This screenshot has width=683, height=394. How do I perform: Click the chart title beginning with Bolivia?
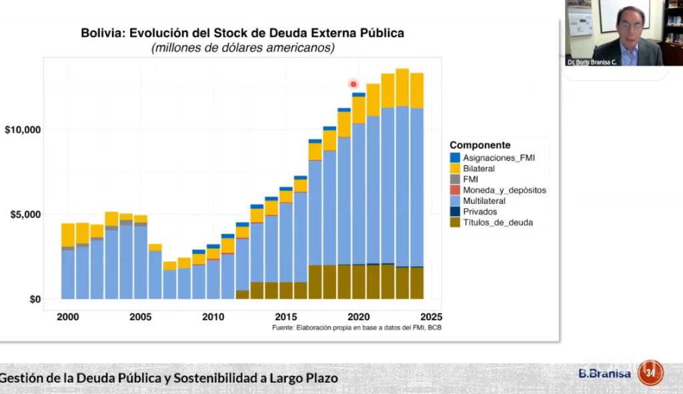[x=242, y=32]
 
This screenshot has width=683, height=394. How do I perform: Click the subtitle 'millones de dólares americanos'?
[x=243, y=48]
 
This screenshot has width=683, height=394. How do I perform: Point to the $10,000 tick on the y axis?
[x=21, y=129]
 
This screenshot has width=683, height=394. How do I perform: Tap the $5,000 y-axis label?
[x=24, y=215]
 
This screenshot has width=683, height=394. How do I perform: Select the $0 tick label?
[x=31, y=299]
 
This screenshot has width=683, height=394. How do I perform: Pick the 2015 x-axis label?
[x=286, y=317]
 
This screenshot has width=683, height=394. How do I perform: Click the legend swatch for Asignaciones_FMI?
[x=455, y=158]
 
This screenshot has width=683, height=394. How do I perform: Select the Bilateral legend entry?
[x=480, y=169]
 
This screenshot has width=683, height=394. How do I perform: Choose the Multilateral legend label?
[x=484, y=201]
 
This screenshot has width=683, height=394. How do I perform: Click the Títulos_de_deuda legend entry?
[x=498, y=222]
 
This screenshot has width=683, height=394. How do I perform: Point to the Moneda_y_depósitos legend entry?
[x=504, y=190]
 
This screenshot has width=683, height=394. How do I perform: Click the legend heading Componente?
[x=480, y=145]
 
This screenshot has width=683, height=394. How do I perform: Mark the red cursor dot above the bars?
[x=354, y=84]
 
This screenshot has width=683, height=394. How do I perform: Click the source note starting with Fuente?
[x=357, y=328]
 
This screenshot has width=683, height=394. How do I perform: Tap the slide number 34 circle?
[x=650, y=372]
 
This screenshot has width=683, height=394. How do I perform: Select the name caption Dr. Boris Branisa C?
[x=592, y=61]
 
